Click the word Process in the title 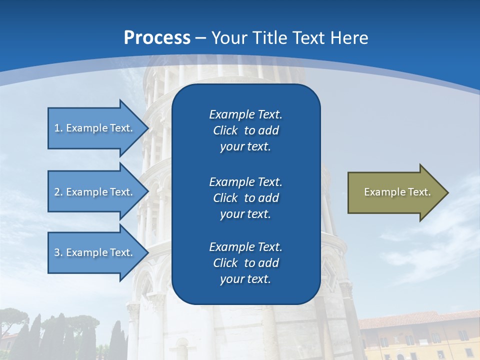pos(157,38)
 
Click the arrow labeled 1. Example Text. pos(95,128)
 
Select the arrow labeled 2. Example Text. pos(95,192)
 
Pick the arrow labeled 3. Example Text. pos(95,252)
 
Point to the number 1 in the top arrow pos(57,128)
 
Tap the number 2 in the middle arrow pos(57,192)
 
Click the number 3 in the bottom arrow pos(57,252)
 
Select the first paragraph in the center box pos(245,130)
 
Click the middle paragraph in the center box pos(245,198)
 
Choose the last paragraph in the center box pos(245,263)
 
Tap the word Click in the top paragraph pos(225,130)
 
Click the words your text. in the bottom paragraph pos(245,279)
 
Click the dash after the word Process pos(200,38)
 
